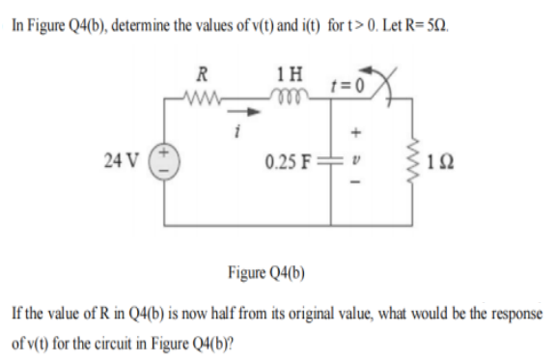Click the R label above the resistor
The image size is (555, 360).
(201, 70)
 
